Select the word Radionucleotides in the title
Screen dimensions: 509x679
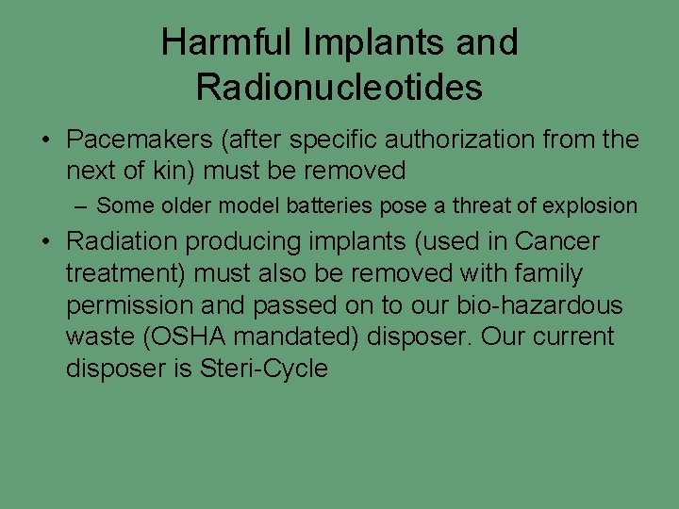[339, 88]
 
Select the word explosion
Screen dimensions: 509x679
[594, 205]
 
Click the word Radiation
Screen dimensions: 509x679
[122, 241]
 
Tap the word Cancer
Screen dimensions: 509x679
[556, 241]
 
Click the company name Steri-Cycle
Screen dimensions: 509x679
[264, 369]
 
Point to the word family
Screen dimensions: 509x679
[538, 273]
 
